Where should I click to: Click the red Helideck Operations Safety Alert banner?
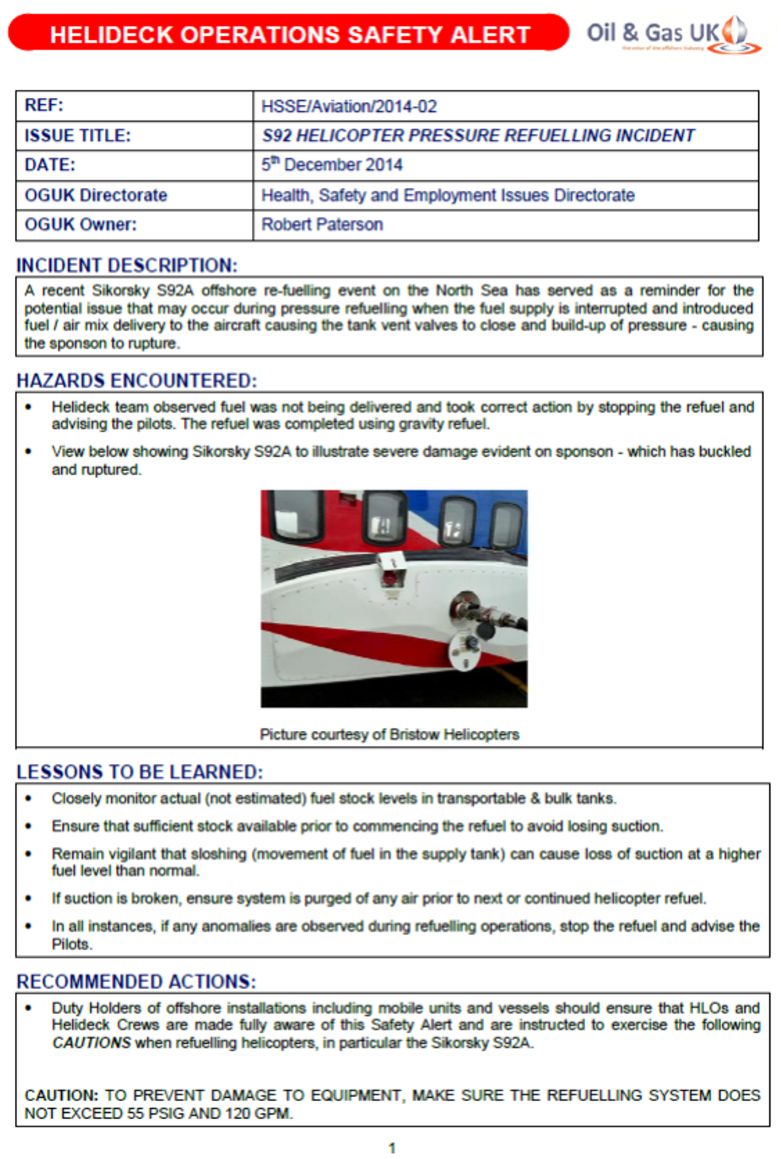(289, 34)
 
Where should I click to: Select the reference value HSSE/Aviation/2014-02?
(349, 106)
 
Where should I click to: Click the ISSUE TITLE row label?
(77, 135)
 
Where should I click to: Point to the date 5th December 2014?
(332, 165)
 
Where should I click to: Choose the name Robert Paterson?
(322, 225)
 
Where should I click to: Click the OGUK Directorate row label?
(96, 195)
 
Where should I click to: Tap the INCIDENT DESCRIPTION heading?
(127, 266)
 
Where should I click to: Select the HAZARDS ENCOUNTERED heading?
(137, 381)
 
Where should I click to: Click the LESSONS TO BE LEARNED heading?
(140, 772)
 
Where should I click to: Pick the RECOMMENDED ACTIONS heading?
(136, 981)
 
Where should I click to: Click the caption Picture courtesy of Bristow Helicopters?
(389, 735)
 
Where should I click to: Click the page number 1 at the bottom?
(392, 1148)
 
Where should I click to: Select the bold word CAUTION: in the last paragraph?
(61, 1095)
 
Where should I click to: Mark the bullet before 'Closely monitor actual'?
(28, 798)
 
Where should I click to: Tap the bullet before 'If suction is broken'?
(28, 899)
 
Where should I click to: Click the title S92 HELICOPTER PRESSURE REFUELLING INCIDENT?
(478, 135)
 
